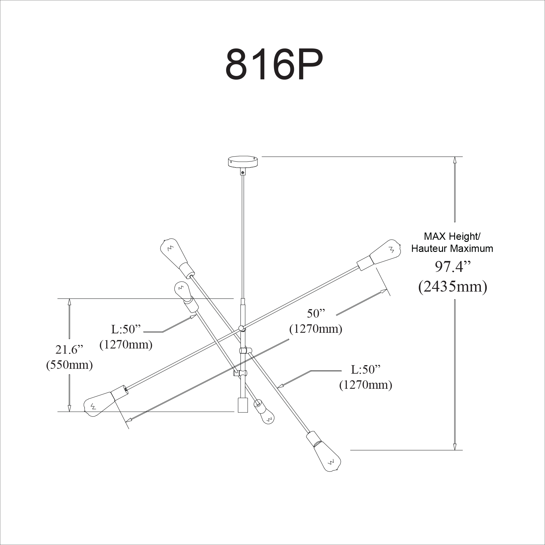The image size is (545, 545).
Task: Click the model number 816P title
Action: [x=274, y=64]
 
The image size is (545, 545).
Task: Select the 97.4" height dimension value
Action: [x=453, y=267]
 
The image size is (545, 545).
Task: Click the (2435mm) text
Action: [x=453, y=286]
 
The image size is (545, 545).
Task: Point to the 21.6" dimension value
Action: [x=69, y=350]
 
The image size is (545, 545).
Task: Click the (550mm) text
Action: [x=69, y=365]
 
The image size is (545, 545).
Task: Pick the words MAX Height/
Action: [x=452, y=236]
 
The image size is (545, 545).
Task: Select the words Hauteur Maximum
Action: [x=452, y=249]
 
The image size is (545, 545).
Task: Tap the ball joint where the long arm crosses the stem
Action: [x=242, y=328]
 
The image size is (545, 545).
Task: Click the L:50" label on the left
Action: [x=127, y=329]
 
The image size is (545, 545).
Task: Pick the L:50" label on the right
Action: [x=365, y=369]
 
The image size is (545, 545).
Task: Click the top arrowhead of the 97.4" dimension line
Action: [x=454, y=160]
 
